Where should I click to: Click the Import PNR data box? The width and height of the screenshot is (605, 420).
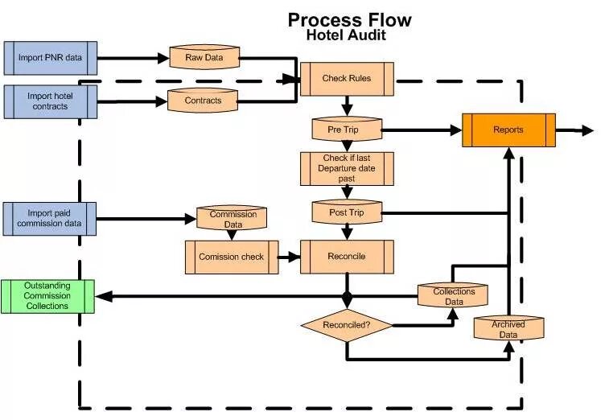click(50, 58)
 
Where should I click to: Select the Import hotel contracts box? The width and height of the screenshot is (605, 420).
click(50, 101)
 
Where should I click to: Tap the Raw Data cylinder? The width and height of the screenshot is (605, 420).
click(204, 57)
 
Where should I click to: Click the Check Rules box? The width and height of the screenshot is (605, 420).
click(347, 79)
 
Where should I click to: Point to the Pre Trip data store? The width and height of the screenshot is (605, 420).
click(346, 129)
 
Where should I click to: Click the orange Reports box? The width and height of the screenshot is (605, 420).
click(508, 130)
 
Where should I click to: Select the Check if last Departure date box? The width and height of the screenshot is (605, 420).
click(347, 168)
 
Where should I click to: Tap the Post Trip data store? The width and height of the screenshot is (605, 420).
click(346, 212)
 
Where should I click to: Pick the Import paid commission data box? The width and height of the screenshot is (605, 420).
click(50, 219)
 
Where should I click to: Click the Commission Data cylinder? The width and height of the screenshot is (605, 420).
click(233, 219)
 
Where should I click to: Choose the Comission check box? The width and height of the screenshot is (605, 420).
click(232, 257)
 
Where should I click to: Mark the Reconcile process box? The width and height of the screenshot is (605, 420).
click(347, 257)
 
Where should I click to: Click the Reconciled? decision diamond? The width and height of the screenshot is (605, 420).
click(347, 326)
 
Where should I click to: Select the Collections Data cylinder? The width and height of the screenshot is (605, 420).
click(454, 296)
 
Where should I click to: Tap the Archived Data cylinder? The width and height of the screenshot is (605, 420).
click(508, 328)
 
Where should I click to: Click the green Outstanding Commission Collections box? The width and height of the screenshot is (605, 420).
click(47, 296)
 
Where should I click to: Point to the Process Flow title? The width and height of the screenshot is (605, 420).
click(349, 19)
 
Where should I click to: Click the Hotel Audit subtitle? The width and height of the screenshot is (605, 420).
click(346, 36)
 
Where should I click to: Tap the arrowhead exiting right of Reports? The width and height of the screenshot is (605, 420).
click(587, 130)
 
